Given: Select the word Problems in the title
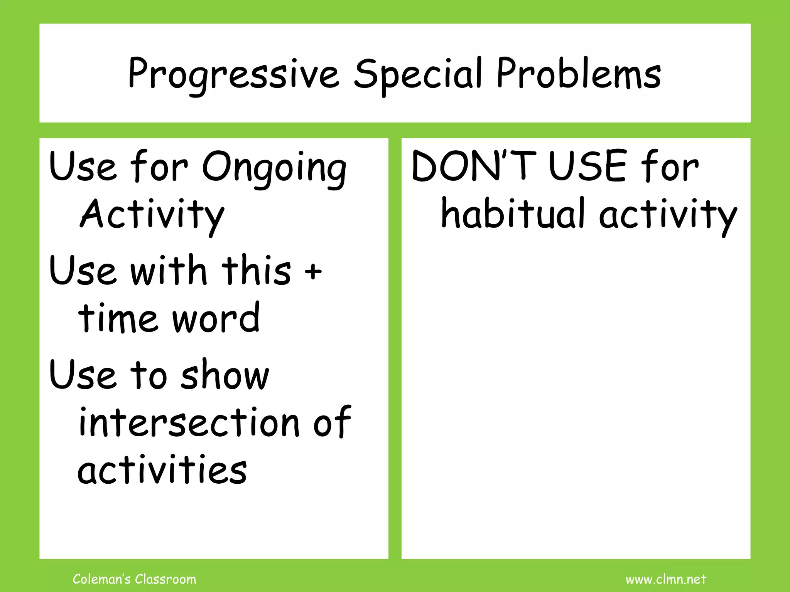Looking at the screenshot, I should pyautogui.click(x=579, y=73).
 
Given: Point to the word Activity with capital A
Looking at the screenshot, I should pyautogui.click(x=152, y=215).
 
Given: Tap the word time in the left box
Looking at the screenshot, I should pyautogui.click(x=118, y=318).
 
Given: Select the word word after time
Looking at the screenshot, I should pyautogui.click(x=216, y=318).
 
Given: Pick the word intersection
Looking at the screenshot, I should pyautogui.click(x=189, y=422).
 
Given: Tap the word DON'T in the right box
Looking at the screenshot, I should pyautogui.click(x=474, y=166).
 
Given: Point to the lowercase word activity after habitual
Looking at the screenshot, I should pyautogui.click(x=668, y=215).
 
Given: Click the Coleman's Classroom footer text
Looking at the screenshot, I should pyautogui.click(x=135, y=579).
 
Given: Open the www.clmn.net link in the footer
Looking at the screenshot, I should pyautogui.click(x=666, y=579).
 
